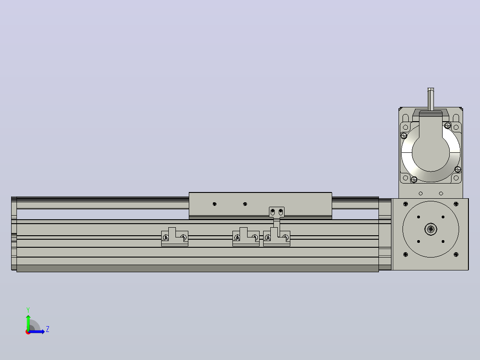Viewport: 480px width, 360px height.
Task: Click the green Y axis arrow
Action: [x=28, y=322]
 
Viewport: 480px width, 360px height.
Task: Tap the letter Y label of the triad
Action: [x=28, y=310]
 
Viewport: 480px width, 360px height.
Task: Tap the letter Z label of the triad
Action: [x=48, y=329]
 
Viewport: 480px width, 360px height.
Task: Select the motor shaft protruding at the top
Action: [x=431, y=99]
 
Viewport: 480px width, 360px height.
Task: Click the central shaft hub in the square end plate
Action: [x=431, y=229]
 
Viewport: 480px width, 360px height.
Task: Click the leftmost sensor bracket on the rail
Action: [x=175, y=237]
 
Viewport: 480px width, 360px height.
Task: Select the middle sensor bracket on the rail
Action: [x=246, y=237]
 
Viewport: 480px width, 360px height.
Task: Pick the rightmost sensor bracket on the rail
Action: [x=277, y=237]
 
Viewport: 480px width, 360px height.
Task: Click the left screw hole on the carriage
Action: [x=215, y=204]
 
